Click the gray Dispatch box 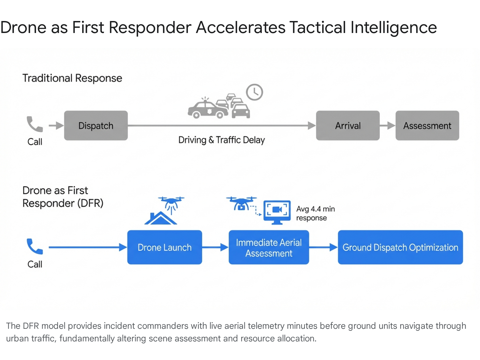pos(96,125)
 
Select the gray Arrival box pos(348,125)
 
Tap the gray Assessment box pos(427,125)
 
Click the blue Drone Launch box pos(164,247)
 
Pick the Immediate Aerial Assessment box pos(269,247)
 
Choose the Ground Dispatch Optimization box pos(400,247)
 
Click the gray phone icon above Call pos(34,124)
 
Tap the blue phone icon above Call pos(34,246)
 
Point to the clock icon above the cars pos(254,92)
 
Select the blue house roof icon pos(160,218)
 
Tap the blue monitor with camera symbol pos(277,211)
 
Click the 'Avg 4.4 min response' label pos(315,213)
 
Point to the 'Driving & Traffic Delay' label pos(221,140)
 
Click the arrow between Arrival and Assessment pos(387,125)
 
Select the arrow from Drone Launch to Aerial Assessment pos(215,247)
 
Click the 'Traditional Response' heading pos(72,78)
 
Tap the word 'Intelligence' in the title pos(393,27)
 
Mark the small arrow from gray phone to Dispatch pos(56,125)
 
